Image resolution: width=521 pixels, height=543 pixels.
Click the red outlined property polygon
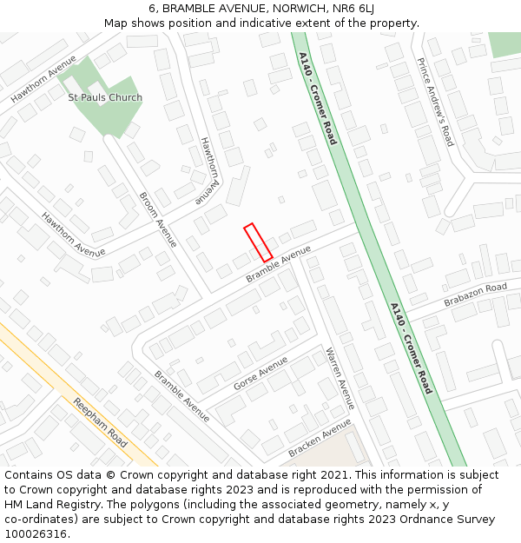[258, 242]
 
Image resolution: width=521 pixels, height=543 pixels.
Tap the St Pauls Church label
[105, 98]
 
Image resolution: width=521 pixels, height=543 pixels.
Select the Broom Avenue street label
[158, 220]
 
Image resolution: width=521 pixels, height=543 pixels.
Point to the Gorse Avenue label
[260, 374]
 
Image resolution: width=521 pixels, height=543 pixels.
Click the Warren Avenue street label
[340, 379]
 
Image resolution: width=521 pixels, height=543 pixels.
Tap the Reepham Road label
[100, 422]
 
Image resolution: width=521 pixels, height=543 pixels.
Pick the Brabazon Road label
[475, 295]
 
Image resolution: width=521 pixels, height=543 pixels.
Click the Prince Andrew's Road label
[435, 102]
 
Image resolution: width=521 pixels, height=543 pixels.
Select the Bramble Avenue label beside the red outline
[278, 264]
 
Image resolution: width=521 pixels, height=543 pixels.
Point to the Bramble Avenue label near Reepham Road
[181, 396]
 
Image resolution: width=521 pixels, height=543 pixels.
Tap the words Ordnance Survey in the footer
[451, 520]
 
